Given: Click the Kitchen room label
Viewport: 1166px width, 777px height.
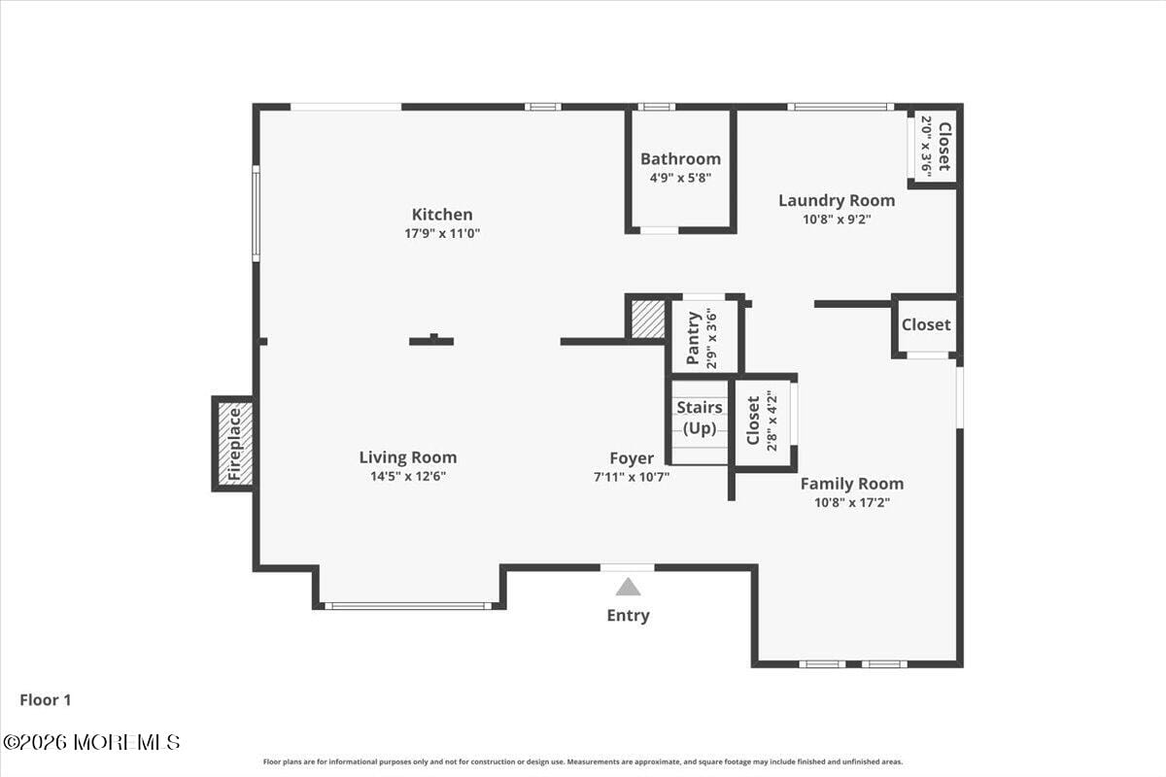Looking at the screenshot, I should click(442, 215).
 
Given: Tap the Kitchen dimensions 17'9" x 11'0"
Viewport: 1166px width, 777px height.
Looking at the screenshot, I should click(442, 233).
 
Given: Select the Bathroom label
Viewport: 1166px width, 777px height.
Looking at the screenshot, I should click(680, 159).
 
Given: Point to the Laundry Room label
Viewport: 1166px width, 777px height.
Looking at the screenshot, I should click(837, 201).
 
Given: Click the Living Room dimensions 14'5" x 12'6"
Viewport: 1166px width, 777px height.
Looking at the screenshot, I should click(408, 476).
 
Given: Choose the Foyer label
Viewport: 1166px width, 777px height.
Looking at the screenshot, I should click(632, 458).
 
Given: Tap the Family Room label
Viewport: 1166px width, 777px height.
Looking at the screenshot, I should click(852, 484).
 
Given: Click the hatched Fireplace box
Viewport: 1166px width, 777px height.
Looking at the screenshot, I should click(234, 444).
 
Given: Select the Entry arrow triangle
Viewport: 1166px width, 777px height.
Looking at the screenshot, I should click(629, 587).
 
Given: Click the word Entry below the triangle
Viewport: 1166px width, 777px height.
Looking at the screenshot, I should click(629, 615).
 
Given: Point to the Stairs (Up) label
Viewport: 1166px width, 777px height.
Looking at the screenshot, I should click(700, 418).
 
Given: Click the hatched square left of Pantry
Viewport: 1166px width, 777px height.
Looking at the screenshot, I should click(648, 320).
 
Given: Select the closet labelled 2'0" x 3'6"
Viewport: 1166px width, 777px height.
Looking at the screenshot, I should click(934, 146).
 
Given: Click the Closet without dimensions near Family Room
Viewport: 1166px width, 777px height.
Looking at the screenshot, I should click(926, 325).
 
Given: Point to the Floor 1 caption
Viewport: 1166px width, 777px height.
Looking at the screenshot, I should click(46, 699).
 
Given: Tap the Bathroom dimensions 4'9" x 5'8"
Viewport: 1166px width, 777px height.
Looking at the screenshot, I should click(680, 178).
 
